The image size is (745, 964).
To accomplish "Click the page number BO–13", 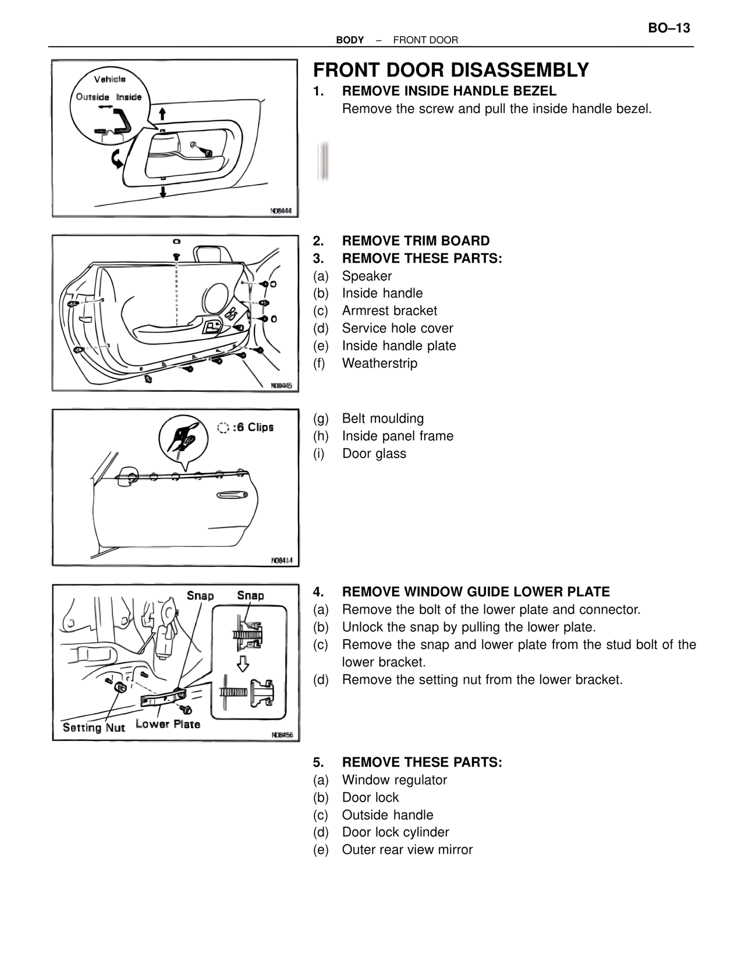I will point(669,28).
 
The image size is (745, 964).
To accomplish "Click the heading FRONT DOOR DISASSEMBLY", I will point(451,70).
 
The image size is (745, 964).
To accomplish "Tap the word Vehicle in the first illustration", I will point(110,79).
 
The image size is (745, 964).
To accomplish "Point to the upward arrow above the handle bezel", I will point(163,113).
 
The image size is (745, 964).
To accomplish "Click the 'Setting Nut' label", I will point(94,728).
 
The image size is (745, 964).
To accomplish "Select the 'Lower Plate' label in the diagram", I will point(168,724).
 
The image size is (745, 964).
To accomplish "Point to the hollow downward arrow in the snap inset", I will point(243,663).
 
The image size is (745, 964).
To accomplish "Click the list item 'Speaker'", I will point(367,276).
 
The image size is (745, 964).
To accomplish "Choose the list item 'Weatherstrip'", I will point(379,363).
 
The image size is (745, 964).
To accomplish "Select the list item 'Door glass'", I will point(374,453).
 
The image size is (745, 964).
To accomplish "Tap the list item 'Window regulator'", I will point(394,780).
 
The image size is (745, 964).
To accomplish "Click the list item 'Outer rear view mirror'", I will point(407,850).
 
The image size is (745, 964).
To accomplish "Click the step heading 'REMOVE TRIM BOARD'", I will point(416,241).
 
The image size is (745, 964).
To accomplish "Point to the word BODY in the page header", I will point(350,40).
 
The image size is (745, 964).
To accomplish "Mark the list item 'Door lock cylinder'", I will point(395,832).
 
